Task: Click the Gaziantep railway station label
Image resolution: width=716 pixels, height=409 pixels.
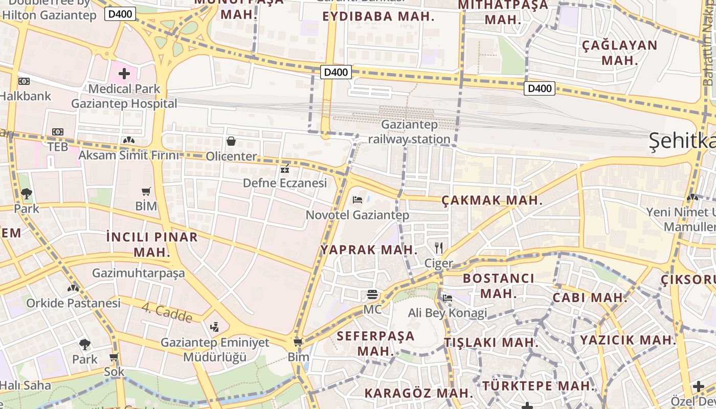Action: coord(409,132)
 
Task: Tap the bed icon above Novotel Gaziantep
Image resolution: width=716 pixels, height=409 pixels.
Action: coord(357,199)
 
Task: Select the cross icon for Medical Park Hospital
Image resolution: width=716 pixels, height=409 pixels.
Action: coord(124,74)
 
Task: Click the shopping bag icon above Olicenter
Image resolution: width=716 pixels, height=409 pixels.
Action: coord(231,141)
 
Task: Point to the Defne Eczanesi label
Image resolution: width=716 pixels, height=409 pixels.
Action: coord(284,183)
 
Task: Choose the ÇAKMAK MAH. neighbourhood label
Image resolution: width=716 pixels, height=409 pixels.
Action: coord(491,200)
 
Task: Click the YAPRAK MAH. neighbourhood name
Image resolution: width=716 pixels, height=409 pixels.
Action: coord(369,250)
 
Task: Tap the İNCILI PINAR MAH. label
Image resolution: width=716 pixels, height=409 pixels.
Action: coord(152,244)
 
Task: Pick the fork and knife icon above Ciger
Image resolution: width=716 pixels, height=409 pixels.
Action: coord(438,248)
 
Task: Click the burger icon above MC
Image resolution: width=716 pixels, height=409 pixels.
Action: coord(372,294)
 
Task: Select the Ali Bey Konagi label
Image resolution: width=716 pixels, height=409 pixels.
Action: coord(447,312)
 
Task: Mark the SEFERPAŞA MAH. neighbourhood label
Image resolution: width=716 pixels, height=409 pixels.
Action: coord(376,344)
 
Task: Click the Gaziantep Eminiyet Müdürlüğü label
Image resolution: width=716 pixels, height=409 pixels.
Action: coord(215,350)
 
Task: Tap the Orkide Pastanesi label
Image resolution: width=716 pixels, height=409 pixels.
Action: coord(74,303)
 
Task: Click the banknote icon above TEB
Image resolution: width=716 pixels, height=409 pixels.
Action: coord(58,132)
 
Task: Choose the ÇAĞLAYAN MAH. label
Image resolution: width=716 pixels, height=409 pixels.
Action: coord(619,53)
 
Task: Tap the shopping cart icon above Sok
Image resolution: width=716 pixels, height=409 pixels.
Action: coord(114,357)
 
